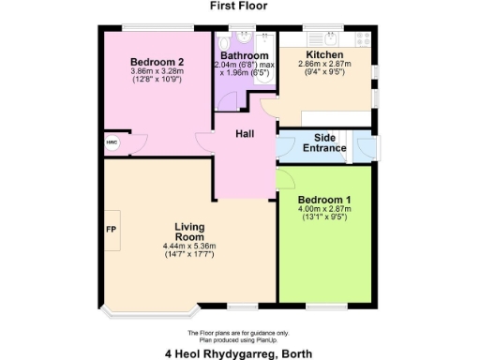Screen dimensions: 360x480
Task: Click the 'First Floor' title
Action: [x=239, y=6]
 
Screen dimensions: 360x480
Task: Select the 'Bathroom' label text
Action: [x=245, y=55]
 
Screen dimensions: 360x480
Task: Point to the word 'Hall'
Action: [x=245, y=135]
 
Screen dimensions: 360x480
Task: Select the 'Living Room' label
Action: [x=189, y=232]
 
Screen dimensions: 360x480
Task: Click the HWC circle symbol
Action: [x=112, y=142]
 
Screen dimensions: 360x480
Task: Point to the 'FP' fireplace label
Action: [x=111, y=230]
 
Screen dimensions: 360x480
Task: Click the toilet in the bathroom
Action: [x=224, y=44]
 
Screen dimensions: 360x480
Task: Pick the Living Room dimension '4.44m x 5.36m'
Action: [x=189, y=247]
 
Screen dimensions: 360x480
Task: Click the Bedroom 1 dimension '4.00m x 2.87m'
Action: [x=323, y=210]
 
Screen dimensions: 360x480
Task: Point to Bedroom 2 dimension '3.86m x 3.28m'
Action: [x=157, y=70]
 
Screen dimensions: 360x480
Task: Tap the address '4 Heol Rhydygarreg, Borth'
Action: [x=239, y=352]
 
